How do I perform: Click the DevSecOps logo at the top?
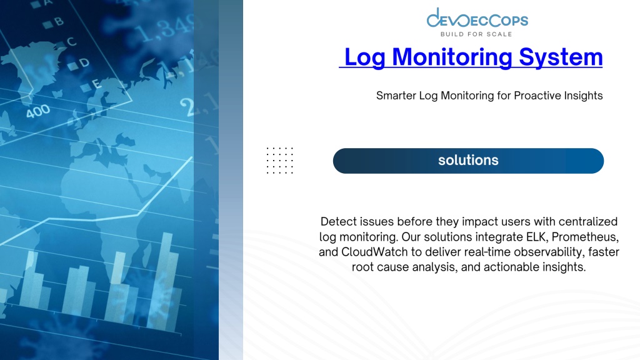[x=477, y=22]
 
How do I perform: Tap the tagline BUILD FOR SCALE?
[x=476, y=34]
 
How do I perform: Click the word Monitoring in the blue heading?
[x=452, y=57]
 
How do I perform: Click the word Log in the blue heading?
[x=365, y=57]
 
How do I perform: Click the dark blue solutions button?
[x=468, y=161]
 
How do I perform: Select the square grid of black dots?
[x=280, y=161]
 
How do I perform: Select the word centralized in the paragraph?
[x=587, y=222]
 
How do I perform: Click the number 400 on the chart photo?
[x=38, y=111]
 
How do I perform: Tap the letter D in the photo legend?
[x=84, y=62]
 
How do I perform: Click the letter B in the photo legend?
[x=59, y=21]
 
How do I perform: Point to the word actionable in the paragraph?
[x=511, y=267]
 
